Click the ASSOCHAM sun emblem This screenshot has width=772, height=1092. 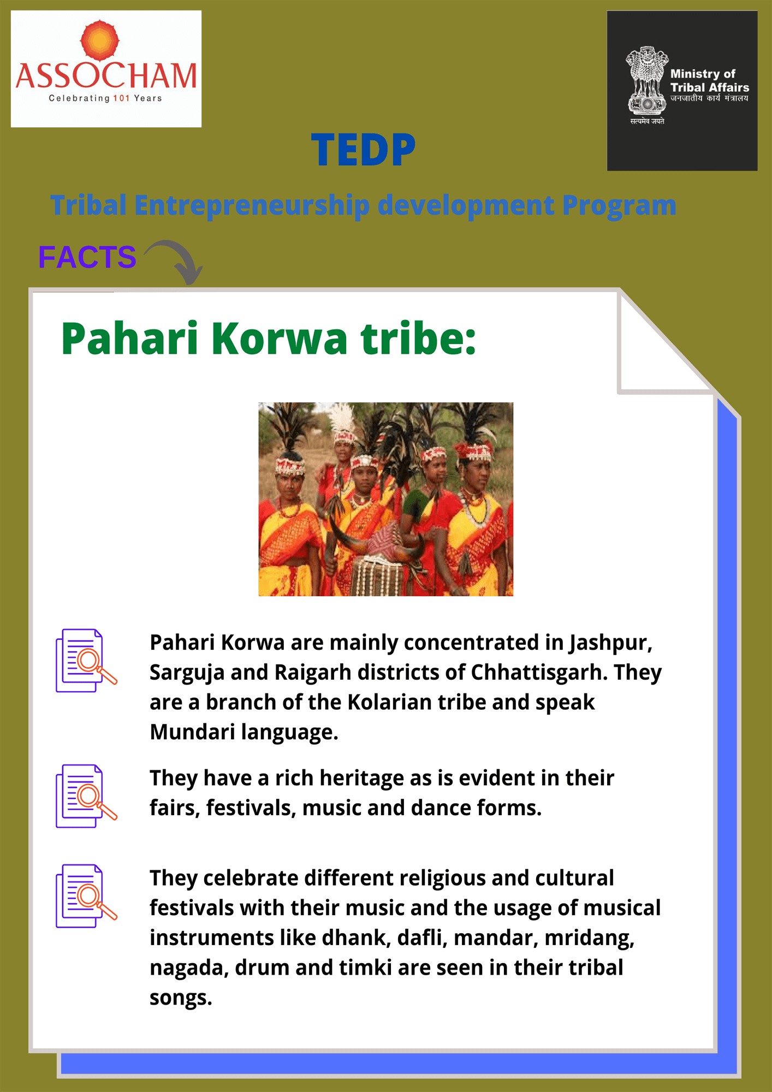click(99, 40)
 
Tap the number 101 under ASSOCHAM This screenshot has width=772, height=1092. click(121, 98)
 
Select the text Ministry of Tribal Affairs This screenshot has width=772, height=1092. click(709, 80)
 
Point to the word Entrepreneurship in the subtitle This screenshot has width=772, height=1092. click(252, 206)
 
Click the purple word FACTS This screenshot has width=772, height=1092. click(87, 257)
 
